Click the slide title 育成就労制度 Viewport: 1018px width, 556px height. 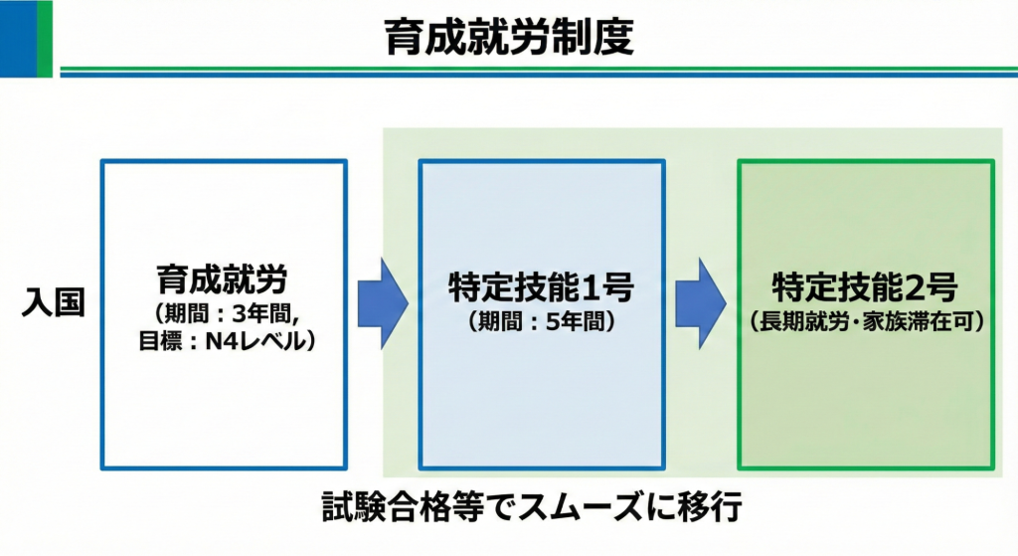[x=509, y=39]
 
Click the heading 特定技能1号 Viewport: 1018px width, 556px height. [x=541, y=289]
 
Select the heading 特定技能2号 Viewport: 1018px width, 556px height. [x=864, y=289]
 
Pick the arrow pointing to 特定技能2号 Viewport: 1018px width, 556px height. [x=701, y=303]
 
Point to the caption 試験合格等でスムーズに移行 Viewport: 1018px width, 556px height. [x=532, y=507]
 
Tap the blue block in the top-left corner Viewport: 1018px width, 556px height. [x=18, y=39]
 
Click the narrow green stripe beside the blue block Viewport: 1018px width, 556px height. [x=45, y=39]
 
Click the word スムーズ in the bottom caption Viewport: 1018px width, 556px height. [x=591, y=507]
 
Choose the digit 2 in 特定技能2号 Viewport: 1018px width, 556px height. [x=916, y=289]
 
